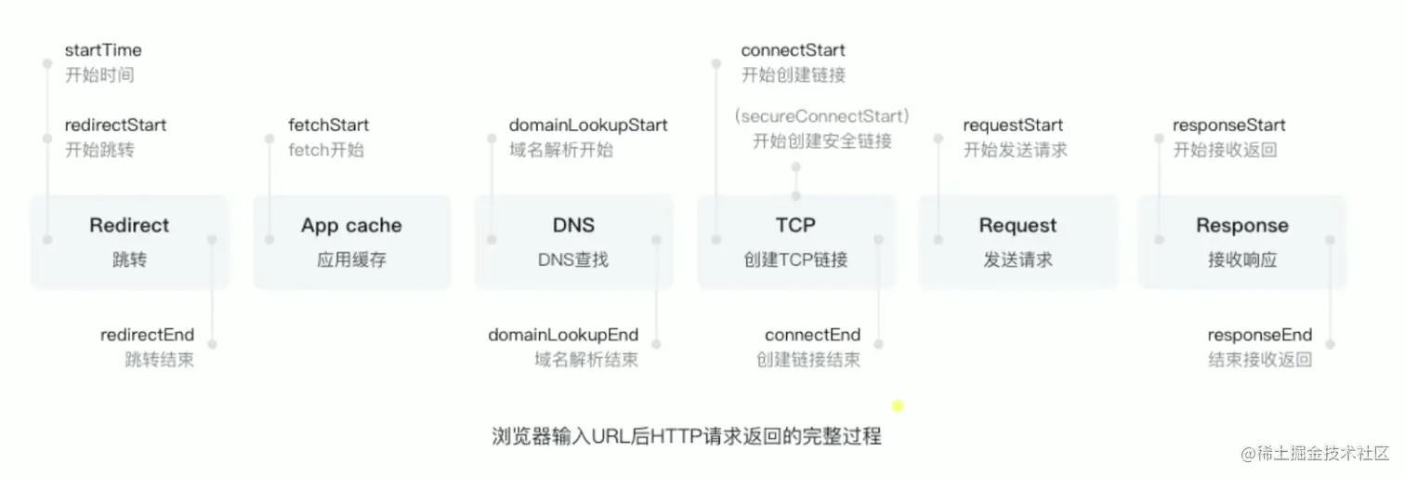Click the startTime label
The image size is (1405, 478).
103,50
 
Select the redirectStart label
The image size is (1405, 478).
115,125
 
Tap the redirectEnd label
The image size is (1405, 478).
147,335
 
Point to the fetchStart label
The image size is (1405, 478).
328,125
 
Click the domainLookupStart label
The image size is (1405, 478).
587,125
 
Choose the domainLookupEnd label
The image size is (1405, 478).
563,335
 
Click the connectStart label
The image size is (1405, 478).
793,50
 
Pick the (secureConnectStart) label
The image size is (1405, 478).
821,116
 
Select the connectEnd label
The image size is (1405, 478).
812,335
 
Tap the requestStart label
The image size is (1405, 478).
1013,125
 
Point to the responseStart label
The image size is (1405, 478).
1228,125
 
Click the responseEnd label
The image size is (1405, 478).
1259,335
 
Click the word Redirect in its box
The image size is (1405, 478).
129,225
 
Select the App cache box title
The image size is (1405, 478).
351,225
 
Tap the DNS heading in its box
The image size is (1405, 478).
572,225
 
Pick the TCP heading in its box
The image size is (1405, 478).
795,225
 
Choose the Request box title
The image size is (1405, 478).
1018,225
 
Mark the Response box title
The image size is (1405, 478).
1241,225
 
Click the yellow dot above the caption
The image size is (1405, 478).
898,405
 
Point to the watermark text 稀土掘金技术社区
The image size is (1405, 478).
1323,453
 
